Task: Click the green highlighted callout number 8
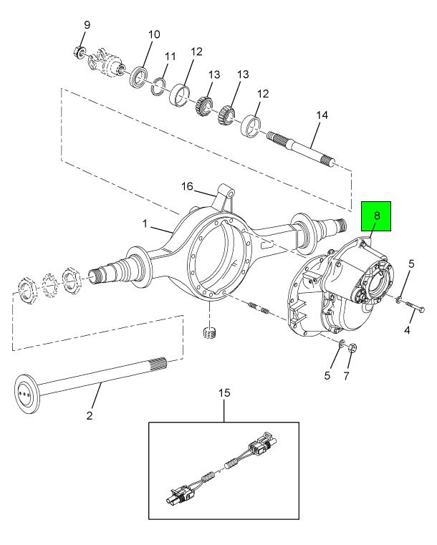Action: tap(377, 216)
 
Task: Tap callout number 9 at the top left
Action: tap(87, 24)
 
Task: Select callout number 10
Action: tap(154, 34)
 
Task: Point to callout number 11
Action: tap(170, 57)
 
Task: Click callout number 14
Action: tap(322, 115)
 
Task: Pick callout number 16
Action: tap(187, 186)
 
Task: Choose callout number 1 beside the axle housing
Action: tap(145, 223)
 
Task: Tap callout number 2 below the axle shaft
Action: tap(90, 415)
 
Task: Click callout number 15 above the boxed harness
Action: tap(224, 393)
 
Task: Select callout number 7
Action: tap(346, 376)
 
